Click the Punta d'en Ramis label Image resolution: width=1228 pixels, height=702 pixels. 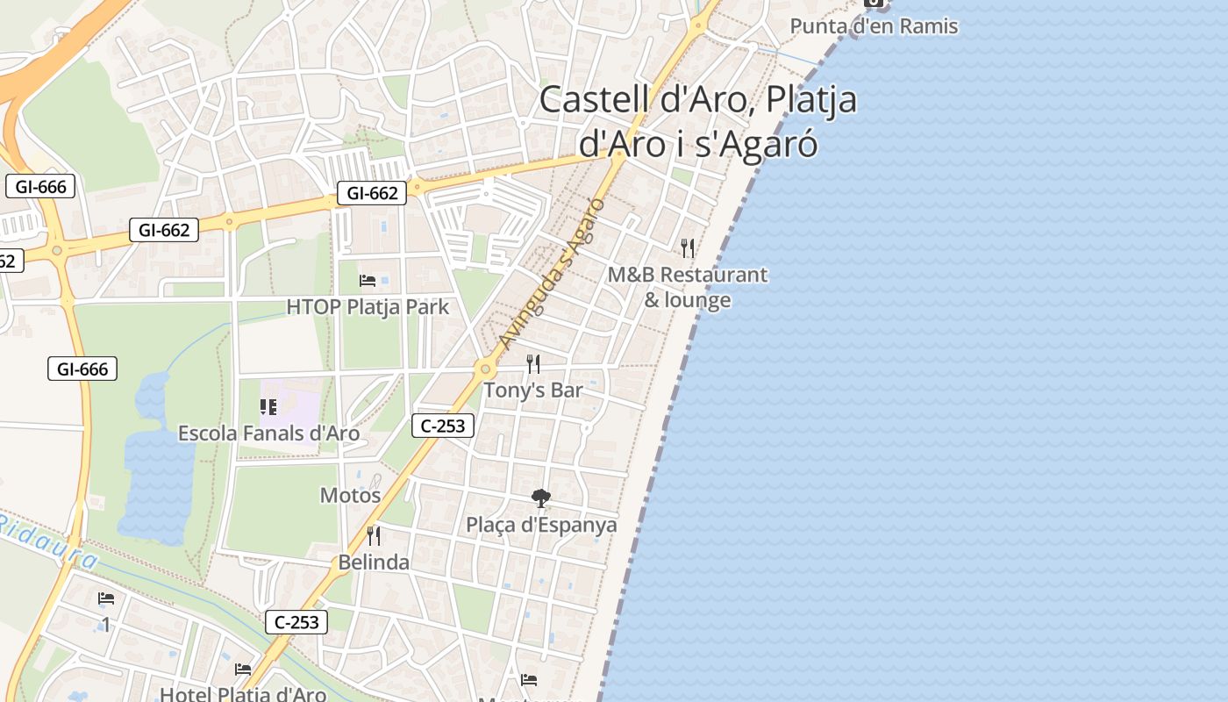(874, 26)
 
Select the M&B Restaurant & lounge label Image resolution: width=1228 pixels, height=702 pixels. (688, 287)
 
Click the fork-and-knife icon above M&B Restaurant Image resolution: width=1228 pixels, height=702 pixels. (688, 248)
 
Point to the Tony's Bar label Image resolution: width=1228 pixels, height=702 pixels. (533, 390)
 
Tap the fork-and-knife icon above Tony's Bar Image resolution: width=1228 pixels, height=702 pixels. (533, 363)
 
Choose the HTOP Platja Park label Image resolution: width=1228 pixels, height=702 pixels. (368, 307)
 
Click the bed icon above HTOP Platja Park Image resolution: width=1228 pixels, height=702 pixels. (368, 281)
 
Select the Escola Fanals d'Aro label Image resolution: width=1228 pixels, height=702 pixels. (268, 433)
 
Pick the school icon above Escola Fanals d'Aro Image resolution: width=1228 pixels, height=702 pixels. (268, 406)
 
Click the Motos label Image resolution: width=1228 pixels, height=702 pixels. (350, 496)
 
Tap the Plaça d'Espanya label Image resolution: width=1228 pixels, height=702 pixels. (541, 526)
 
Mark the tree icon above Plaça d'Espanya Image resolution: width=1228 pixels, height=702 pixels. (541, 498)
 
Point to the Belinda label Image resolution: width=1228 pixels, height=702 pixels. (374, 562)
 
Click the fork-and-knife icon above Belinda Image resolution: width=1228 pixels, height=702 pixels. (374, 535)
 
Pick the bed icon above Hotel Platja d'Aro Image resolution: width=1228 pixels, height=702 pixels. (243, 670)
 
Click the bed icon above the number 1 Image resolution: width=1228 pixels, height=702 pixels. (106, 598)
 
